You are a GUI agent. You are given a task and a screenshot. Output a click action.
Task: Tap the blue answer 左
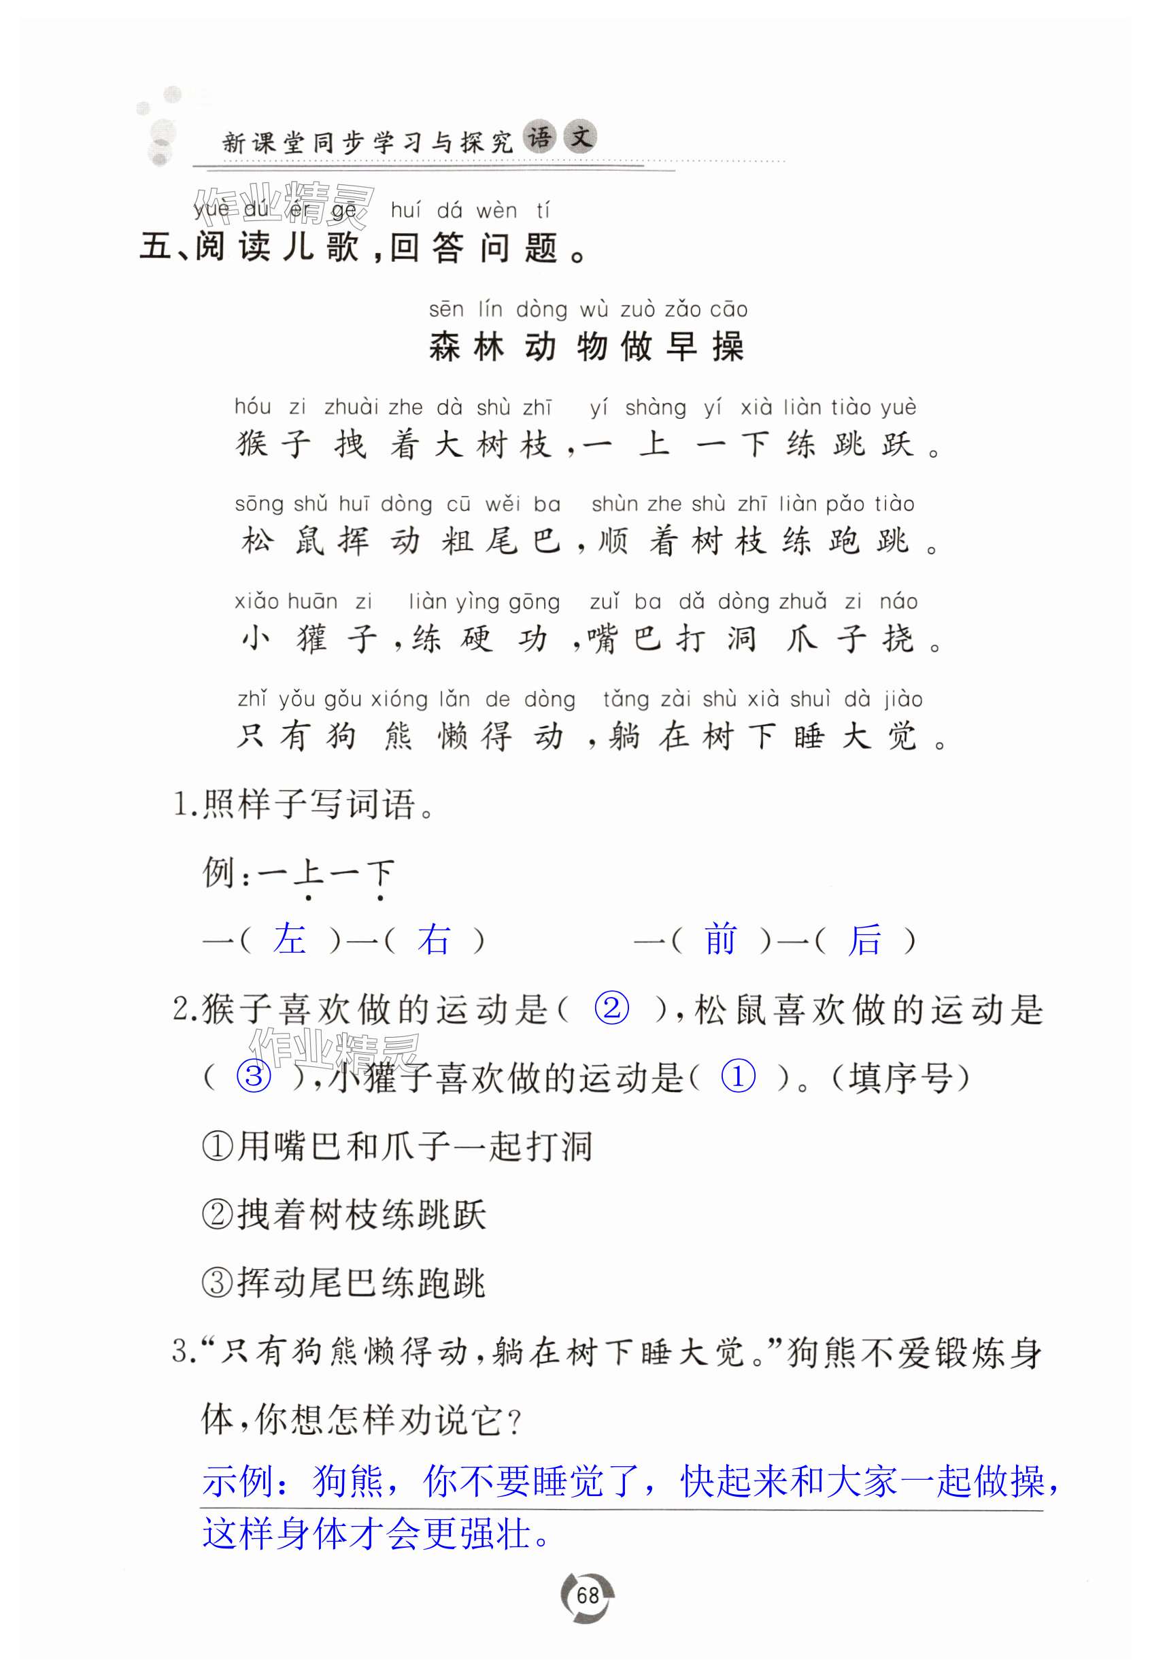[289, 940]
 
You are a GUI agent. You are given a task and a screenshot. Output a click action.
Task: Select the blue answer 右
[434, 940]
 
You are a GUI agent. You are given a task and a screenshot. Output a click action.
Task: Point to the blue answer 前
[720, 940]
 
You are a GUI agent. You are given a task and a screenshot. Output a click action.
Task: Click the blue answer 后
[865, 940]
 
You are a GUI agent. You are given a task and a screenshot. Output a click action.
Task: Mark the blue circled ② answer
[611, 1007]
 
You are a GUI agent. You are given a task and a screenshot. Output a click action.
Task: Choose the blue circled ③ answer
[254, 1077]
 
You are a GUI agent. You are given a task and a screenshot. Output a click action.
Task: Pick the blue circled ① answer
[738, 1077]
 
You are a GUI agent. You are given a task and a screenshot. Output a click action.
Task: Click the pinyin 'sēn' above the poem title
[446, 310]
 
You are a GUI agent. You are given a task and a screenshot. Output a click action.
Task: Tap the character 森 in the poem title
[445, 347]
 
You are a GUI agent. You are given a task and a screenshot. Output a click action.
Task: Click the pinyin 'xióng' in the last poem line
[399, 699]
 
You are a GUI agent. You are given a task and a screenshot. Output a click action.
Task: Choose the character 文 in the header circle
[581, 137]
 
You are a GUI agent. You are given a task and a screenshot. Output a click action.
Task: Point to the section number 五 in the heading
[155, 248]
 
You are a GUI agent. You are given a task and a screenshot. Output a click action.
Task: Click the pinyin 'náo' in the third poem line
[898, 602]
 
